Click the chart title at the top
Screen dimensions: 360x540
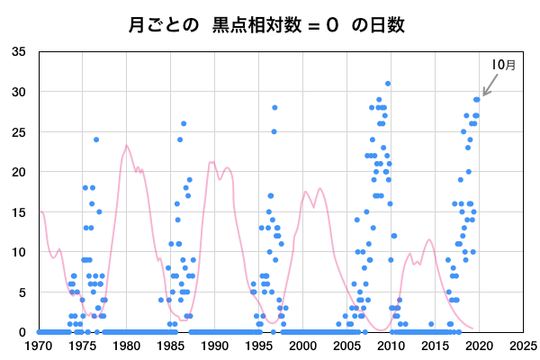pos(270,25)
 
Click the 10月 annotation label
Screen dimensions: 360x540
pos(504,65)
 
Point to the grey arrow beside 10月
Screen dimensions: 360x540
pos(490,85)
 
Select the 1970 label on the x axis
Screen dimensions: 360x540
pos(38,345)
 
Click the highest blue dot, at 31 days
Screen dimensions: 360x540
pos(388,84)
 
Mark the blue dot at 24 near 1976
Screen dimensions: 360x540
pos(96,139)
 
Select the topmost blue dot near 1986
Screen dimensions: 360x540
pos(184,123)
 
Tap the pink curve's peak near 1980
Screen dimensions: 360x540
pos(127,146)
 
